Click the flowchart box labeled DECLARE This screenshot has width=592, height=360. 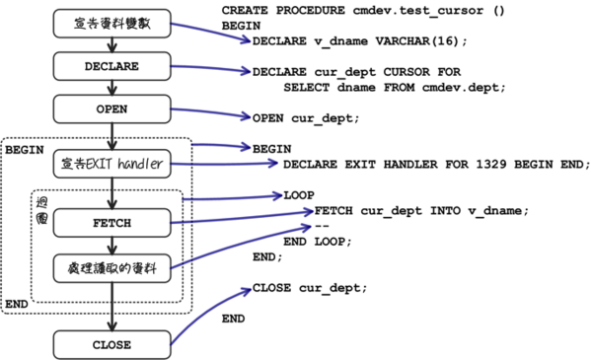point(113,66)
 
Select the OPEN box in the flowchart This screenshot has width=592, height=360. point(113,108)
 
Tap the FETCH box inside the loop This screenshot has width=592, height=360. point(113,223)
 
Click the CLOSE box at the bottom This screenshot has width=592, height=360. point(113,344)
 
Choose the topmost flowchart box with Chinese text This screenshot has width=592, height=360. point(113,25)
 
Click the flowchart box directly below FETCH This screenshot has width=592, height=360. point(113,265)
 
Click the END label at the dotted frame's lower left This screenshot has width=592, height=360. point(16,304)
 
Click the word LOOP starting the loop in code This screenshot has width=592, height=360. point(299,195)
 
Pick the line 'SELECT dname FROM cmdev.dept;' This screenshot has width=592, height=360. point(394,87)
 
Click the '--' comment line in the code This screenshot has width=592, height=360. point(322,226)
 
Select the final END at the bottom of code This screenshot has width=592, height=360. point(233,319)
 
